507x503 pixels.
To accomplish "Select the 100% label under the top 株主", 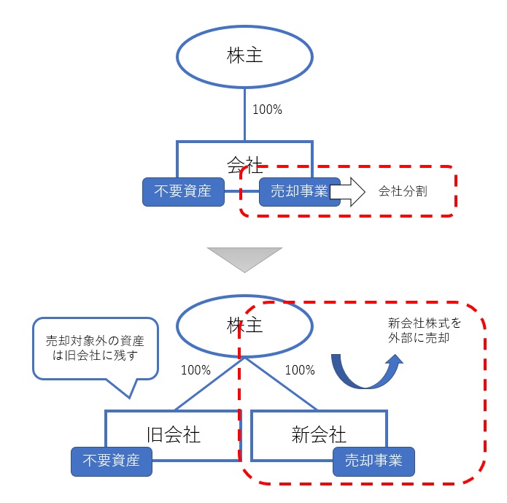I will pos(267,110).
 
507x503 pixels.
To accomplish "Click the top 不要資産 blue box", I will pos(182,191).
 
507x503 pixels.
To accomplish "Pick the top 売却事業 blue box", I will pos(299,191).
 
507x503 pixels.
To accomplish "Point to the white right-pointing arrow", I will pos(348,193).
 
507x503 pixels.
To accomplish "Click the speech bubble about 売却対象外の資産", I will pos(94,348).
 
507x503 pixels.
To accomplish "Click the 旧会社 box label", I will pos(172,435).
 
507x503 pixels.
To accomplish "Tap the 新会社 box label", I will pos(318,435).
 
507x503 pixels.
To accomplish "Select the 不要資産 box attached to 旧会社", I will pos(112,461).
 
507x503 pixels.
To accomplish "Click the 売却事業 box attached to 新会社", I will pos(374,461).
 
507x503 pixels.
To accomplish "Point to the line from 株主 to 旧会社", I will pos(208,385).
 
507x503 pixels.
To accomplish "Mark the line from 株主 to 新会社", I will pos(281,385).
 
